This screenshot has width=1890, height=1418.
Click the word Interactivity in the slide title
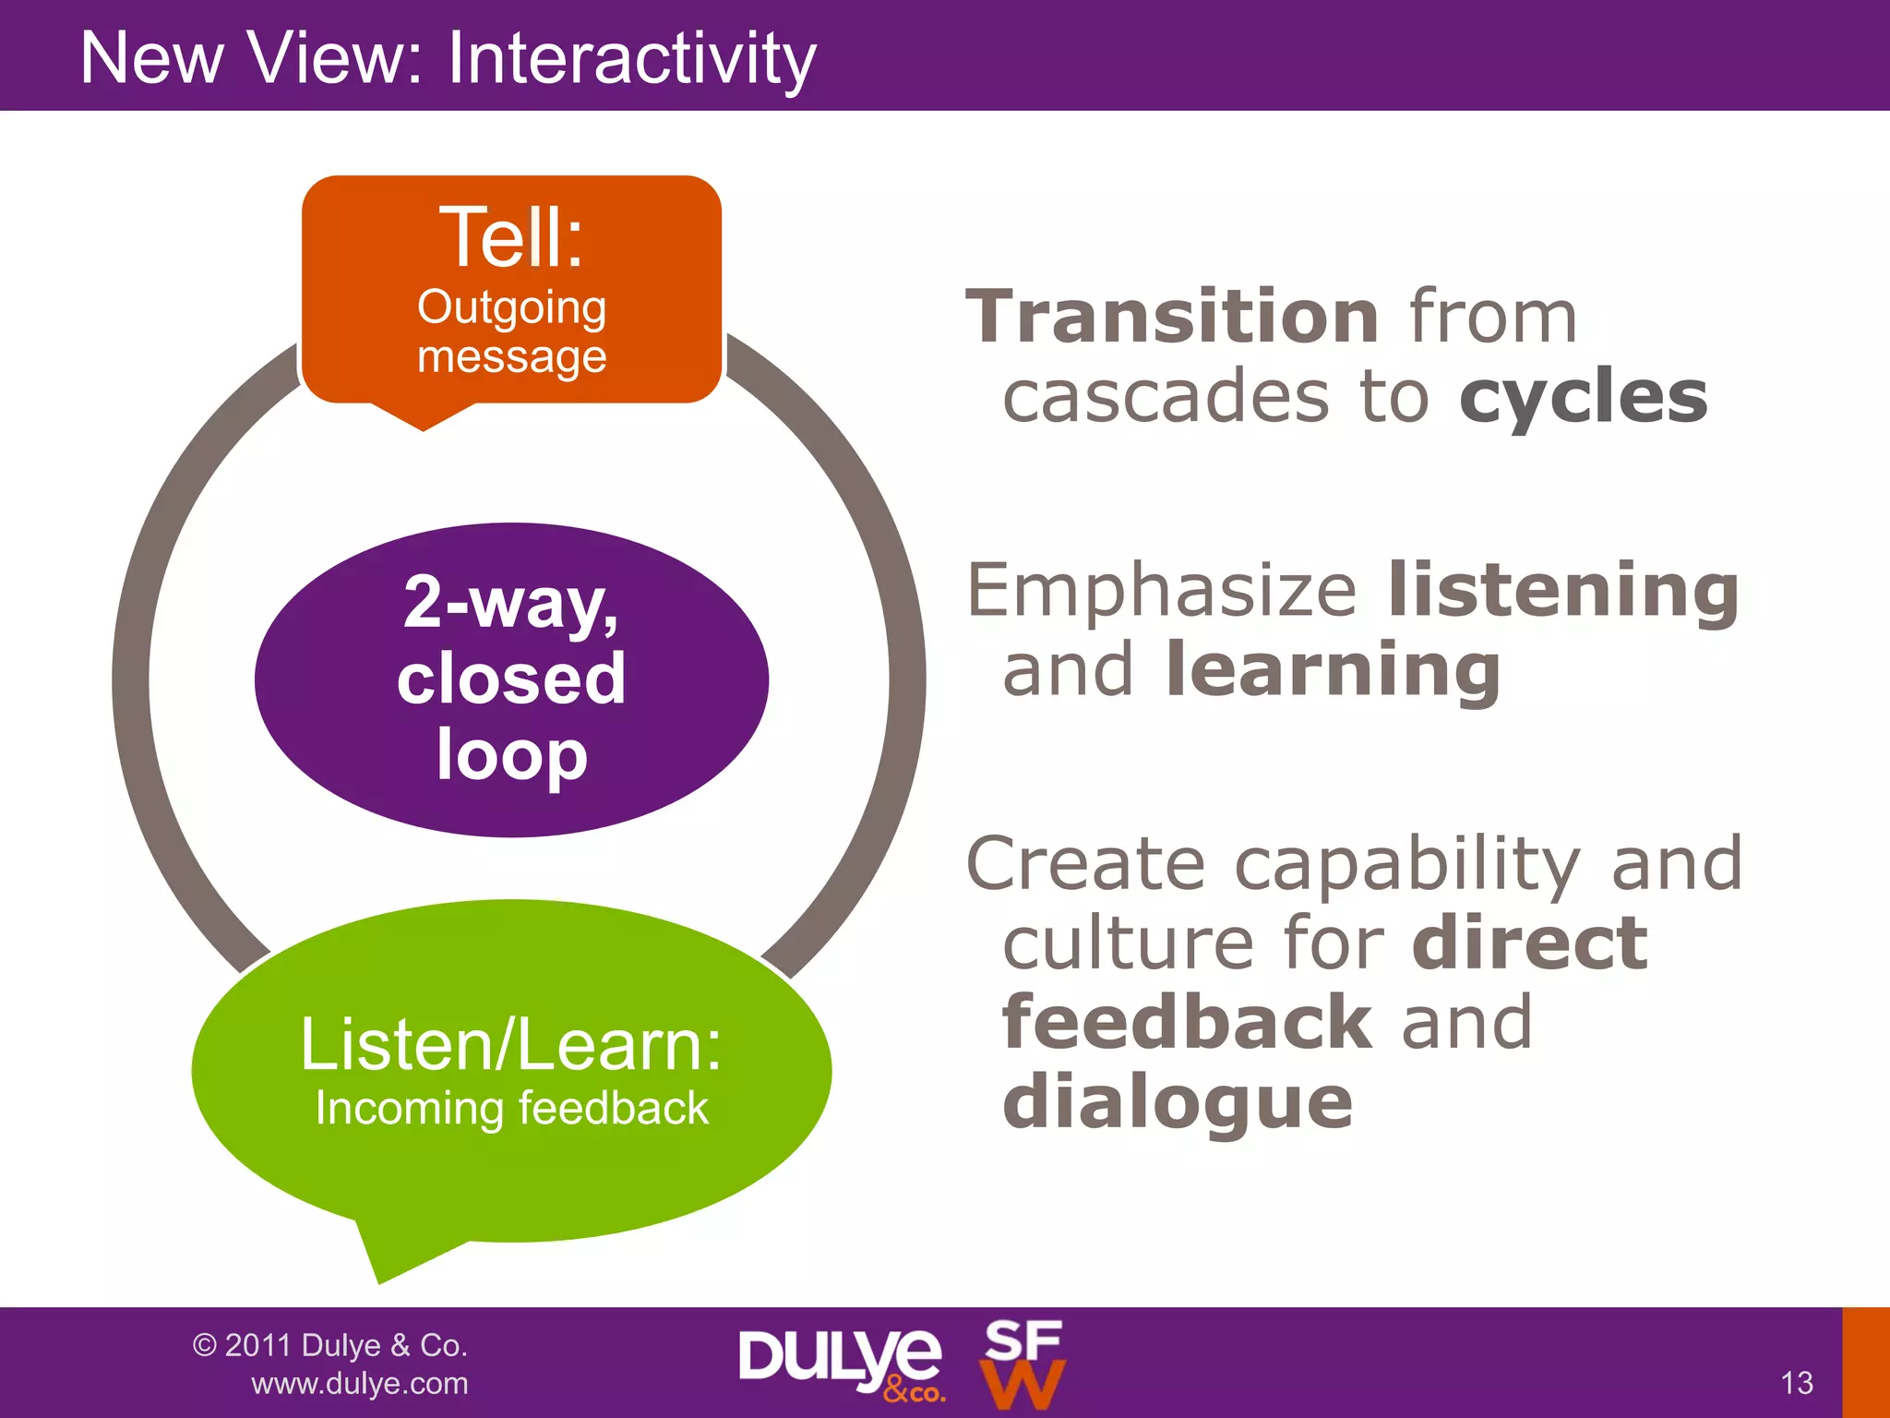pyautogui.click(x=631, y=59)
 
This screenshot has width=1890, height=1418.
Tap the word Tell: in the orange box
pyautogui.click(x=511, y=237)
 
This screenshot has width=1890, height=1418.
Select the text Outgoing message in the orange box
pyautogui.click(x=511, y=331)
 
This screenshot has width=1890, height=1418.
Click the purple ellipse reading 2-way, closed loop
pyautogui.click(x=511, y=679)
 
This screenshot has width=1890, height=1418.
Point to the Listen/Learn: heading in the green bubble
pyautogui.click(x=511, y=1045)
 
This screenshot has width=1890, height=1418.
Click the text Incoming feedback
pyautogui.click(x=511, y=1108)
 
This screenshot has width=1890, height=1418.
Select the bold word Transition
pyautogui.click(x=1172, y=317)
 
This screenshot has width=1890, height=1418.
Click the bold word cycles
pyautogui.click(x=1584, y=397)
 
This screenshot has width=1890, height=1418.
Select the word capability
pyautogui.click(x=1406, y=864)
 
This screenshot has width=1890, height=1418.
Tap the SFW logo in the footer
pyautogui.click(x=1023, y=1364)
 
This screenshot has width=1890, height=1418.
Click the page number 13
pyautogui.click(x=1796, y=1383)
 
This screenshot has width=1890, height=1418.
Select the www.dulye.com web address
pyautogui.click(x=359, y=1384)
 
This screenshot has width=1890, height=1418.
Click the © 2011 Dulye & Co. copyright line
pyautogui.click(x=329, y=1345)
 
